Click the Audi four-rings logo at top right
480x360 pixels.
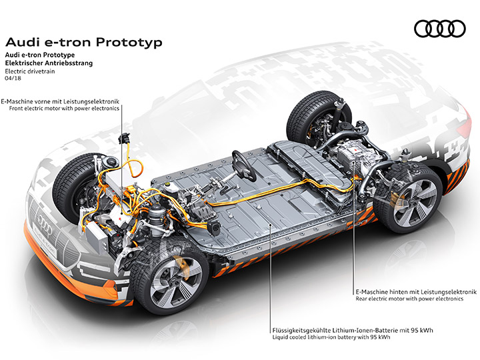[x=439, y=29]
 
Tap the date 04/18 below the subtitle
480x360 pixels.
[x=13, y=78]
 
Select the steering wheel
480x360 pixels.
[x=243, y=165]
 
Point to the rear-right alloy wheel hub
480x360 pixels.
[x=415, y=203]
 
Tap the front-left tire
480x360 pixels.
[x=75, y=187]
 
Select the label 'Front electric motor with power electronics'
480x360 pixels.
[x=64, y=109]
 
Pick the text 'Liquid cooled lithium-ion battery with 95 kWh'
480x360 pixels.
[x=331, y=337]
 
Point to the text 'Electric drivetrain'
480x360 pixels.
[x=30, y=71]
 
